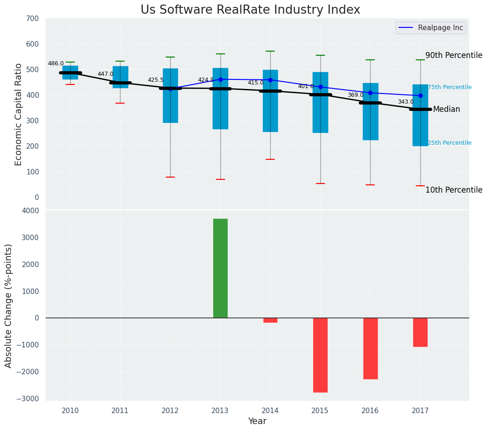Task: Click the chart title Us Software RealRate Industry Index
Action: [250, 10]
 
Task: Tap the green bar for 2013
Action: [220, 268]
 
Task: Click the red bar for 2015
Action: [320, 355]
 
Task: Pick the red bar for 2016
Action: [370, 348]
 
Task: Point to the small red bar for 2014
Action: [270, 320]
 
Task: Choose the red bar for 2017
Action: [420, 332]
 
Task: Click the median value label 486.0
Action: [56, 64]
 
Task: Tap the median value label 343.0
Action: [406, 102]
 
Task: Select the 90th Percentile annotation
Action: [454, 56]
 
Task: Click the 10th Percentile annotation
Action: [454, 190]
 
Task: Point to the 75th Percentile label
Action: [450, 87]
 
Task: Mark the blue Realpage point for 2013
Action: [220, 79]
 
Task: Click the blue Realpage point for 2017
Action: [420, 96]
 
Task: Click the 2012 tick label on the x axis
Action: [170, 411]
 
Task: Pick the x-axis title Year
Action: [257, 421]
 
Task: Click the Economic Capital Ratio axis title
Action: [19, 114]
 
